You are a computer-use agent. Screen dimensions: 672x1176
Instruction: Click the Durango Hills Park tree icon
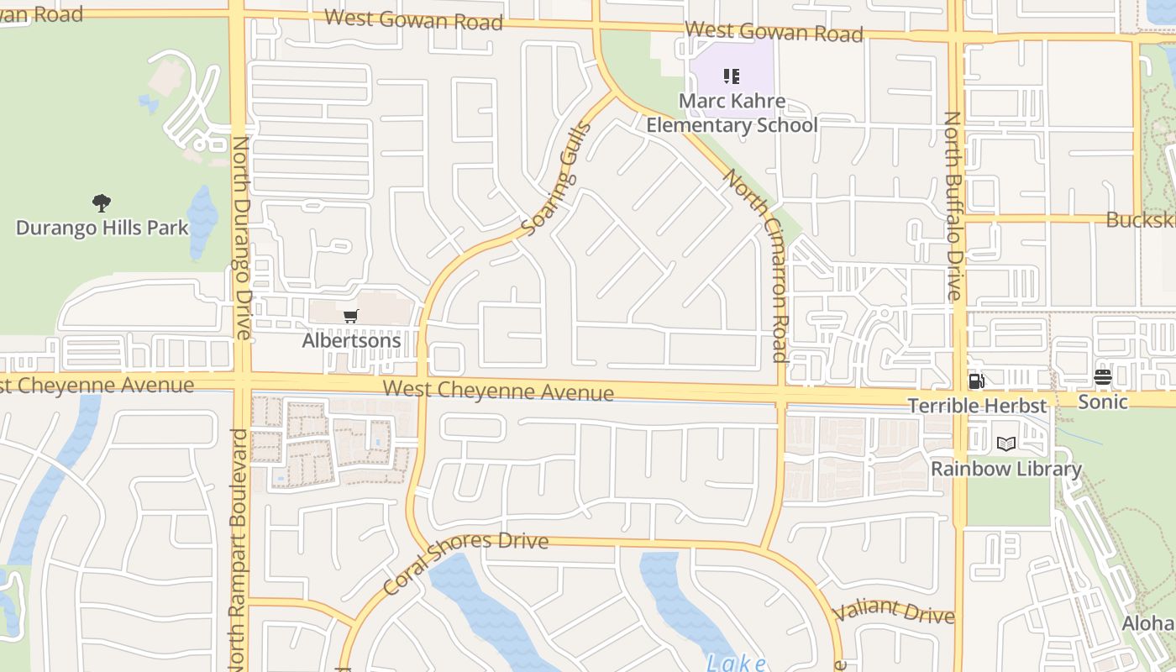[x=102, y=202]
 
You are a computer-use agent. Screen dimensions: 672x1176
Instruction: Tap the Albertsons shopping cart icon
[x=351, y=317]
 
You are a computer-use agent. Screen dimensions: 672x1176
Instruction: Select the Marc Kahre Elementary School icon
[x=732, y=77]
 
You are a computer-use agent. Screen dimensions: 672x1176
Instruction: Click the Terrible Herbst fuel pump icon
[x=976, y=381]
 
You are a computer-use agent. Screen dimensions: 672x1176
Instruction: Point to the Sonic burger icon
[x=1103, y=378]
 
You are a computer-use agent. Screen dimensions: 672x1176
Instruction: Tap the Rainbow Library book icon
[x=1005, y=444]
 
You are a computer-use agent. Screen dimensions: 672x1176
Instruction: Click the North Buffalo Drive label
[x=953, y=206]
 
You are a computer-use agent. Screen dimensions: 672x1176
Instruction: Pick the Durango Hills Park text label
[x=102, y=228]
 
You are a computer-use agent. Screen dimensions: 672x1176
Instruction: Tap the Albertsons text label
[x=351, y=341]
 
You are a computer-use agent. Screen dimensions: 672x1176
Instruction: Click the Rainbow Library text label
[x=1006, y=469]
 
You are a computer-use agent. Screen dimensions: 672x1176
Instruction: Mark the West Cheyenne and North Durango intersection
[x=241, y=382]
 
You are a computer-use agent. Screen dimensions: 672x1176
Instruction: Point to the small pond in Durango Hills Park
[x=202, y=222]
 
